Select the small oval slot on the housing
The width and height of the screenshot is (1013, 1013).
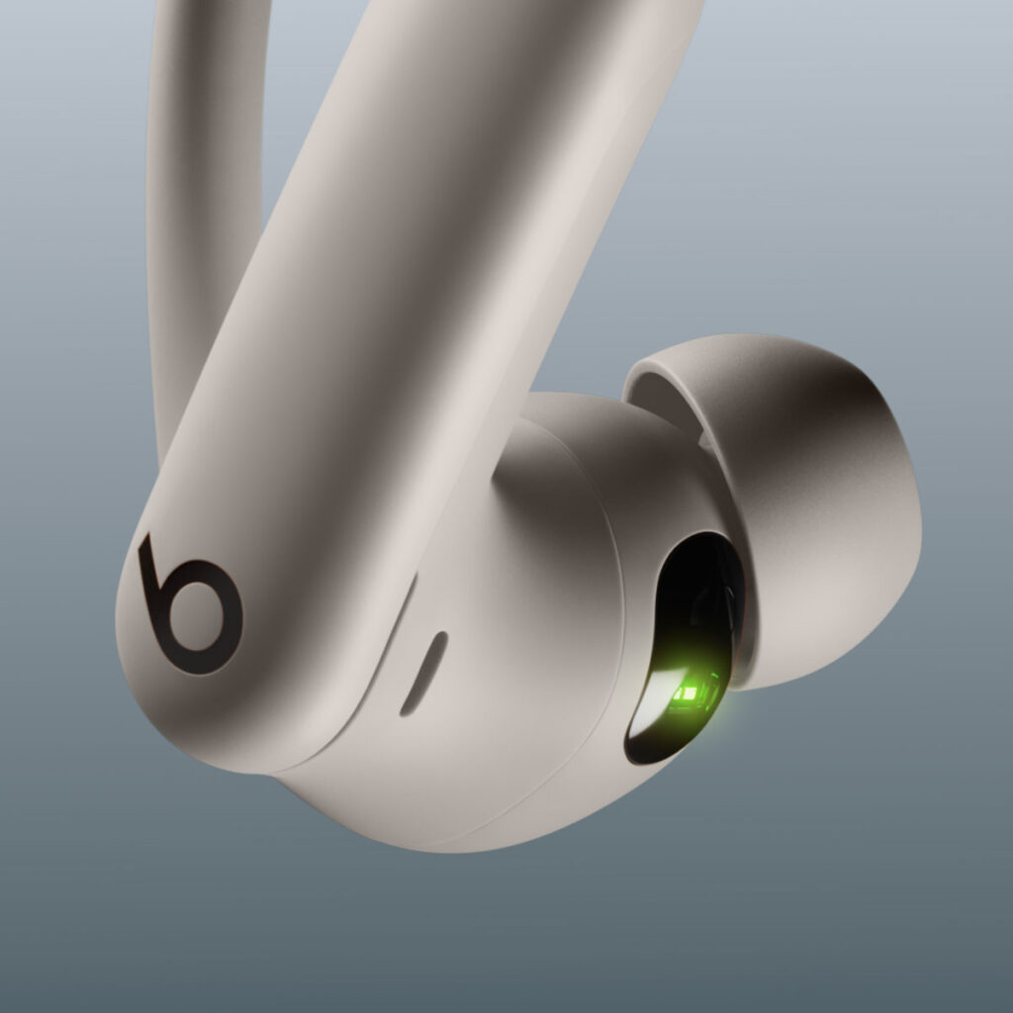423,674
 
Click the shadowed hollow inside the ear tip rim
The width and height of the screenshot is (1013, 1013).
683,415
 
